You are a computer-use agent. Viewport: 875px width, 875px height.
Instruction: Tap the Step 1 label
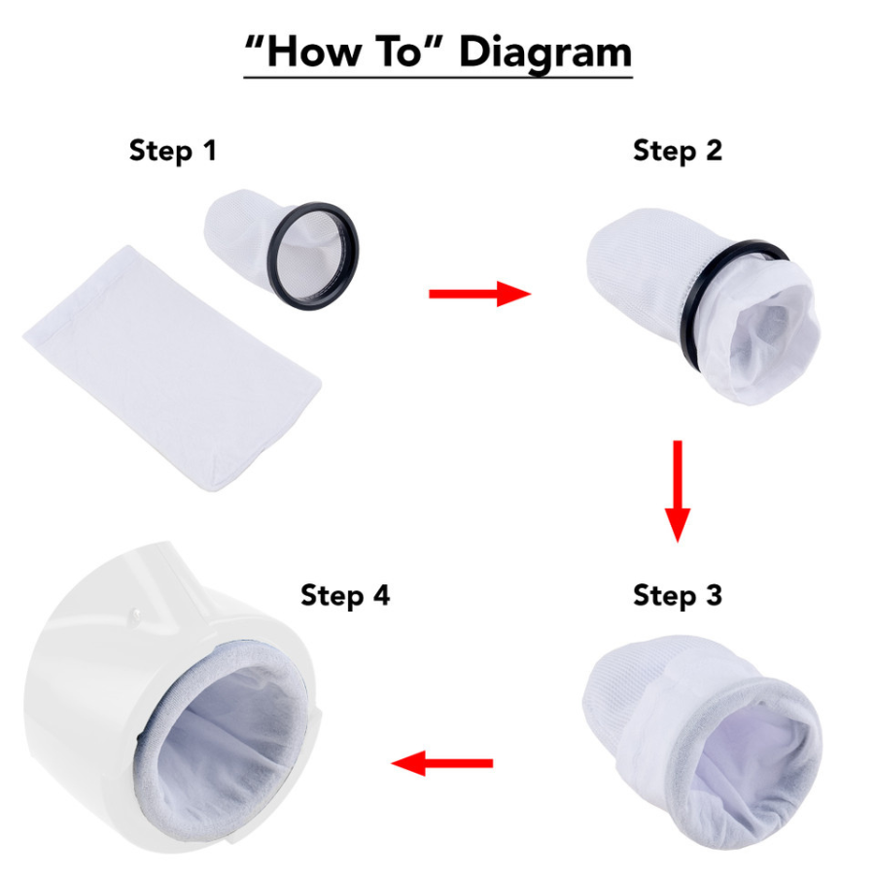click(173, 152)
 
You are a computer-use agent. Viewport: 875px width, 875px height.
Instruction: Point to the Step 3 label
click(678, 594)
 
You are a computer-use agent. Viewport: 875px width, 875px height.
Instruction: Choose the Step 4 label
click(345, 595)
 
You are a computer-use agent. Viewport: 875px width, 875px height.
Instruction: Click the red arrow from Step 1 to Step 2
click(479, 293)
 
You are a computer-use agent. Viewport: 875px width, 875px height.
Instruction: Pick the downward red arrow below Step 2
click(678, 490)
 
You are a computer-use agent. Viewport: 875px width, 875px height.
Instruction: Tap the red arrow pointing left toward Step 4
click(441, 763)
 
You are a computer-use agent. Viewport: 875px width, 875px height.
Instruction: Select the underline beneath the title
click(437, 76)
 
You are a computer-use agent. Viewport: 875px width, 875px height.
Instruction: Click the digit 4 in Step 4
click(380, 595)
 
